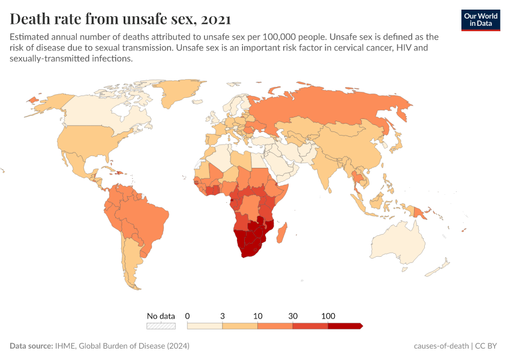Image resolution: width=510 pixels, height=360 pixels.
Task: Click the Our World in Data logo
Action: pos(480,19)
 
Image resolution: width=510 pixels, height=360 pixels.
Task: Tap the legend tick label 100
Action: pos(328,316)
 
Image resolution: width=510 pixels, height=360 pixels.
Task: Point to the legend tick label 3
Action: pos(223,316)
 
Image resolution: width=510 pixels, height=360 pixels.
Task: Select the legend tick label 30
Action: pos(293,316)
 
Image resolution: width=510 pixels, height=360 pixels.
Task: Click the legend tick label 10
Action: pos(257,316)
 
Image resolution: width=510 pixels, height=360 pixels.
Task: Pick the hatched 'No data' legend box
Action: pos(161,326)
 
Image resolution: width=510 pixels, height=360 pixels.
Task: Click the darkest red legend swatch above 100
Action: pos(344,326)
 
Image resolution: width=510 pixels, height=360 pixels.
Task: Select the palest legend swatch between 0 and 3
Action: pos(205,326)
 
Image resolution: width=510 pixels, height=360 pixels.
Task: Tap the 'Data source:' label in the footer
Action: pos(31,346)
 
